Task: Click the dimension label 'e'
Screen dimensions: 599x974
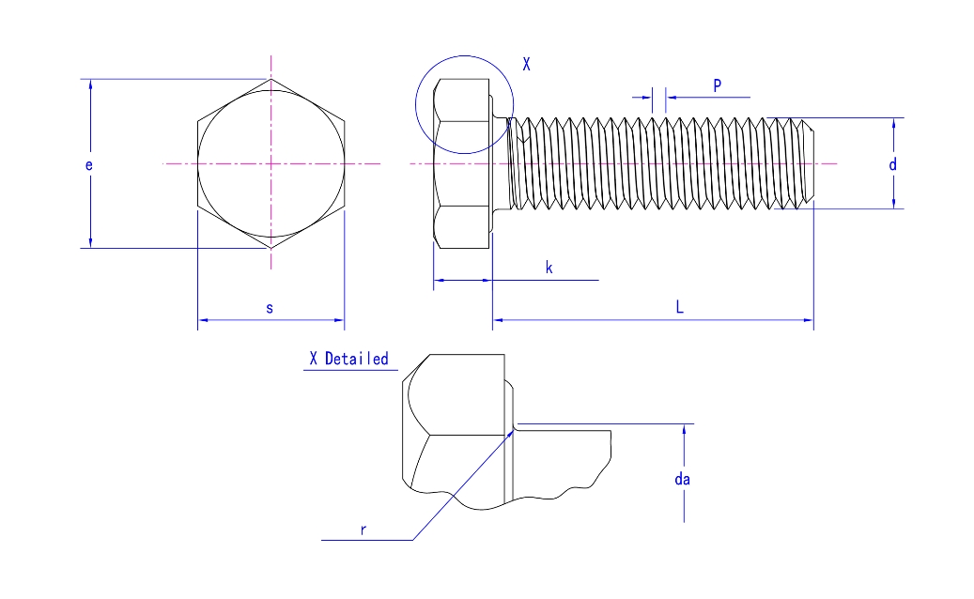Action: point(89,165)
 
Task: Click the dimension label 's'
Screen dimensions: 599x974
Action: point(270,308)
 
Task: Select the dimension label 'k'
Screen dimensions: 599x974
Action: point(549,269)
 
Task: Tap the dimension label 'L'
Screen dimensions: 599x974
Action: point(679,307)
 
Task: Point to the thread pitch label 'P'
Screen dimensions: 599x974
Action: point(717,85)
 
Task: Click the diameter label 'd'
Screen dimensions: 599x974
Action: point(893,164)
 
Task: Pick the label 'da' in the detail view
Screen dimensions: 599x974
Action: point(683,479)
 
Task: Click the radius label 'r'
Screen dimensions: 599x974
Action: point(363,530)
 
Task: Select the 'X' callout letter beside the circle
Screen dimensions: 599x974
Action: point(526,65)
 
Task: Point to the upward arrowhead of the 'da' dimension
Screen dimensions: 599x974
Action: point(685,430)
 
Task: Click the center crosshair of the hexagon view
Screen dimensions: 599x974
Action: point(271,164)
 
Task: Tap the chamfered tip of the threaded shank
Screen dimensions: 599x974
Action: point(809,163)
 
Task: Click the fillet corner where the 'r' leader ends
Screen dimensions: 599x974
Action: point(512,431)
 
